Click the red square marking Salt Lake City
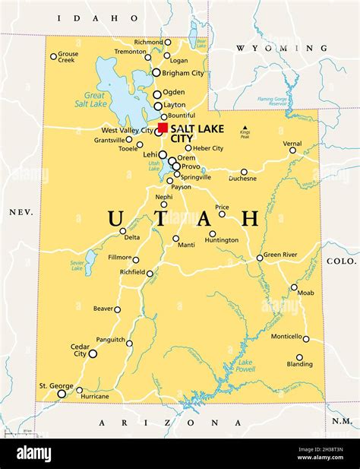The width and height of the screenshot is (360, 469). (163, 128)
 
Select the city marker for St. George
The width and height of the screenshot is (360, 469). (62, 393)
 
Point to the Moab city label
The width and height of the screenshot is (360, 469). (305, 293)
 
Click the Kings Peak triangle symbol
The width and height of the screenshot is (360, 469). (245, 128)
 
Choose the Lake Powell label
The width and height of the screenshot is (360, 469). (245, 366)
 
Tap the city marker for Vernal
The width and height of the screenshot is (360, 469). (292, 151)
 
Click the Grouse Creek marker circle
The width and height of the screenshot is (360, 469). (53, 56)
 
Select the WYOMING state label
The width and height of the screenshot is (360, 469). (262, 48)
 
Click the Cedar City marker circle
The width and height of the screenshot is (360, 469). (93, 353)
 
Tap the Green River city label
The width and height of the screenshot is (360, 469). (281, 255)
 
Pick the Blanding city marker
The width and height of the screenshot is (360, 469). (299, 357)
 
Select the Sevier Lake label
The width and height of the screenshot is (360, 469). (77, 265)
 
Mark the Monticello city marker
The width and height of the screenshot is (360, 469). (306, 339)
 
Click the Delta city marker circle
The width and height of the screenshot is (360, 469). (123, 231)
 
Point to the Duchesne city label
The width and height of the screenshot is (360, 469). (243, 179)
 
